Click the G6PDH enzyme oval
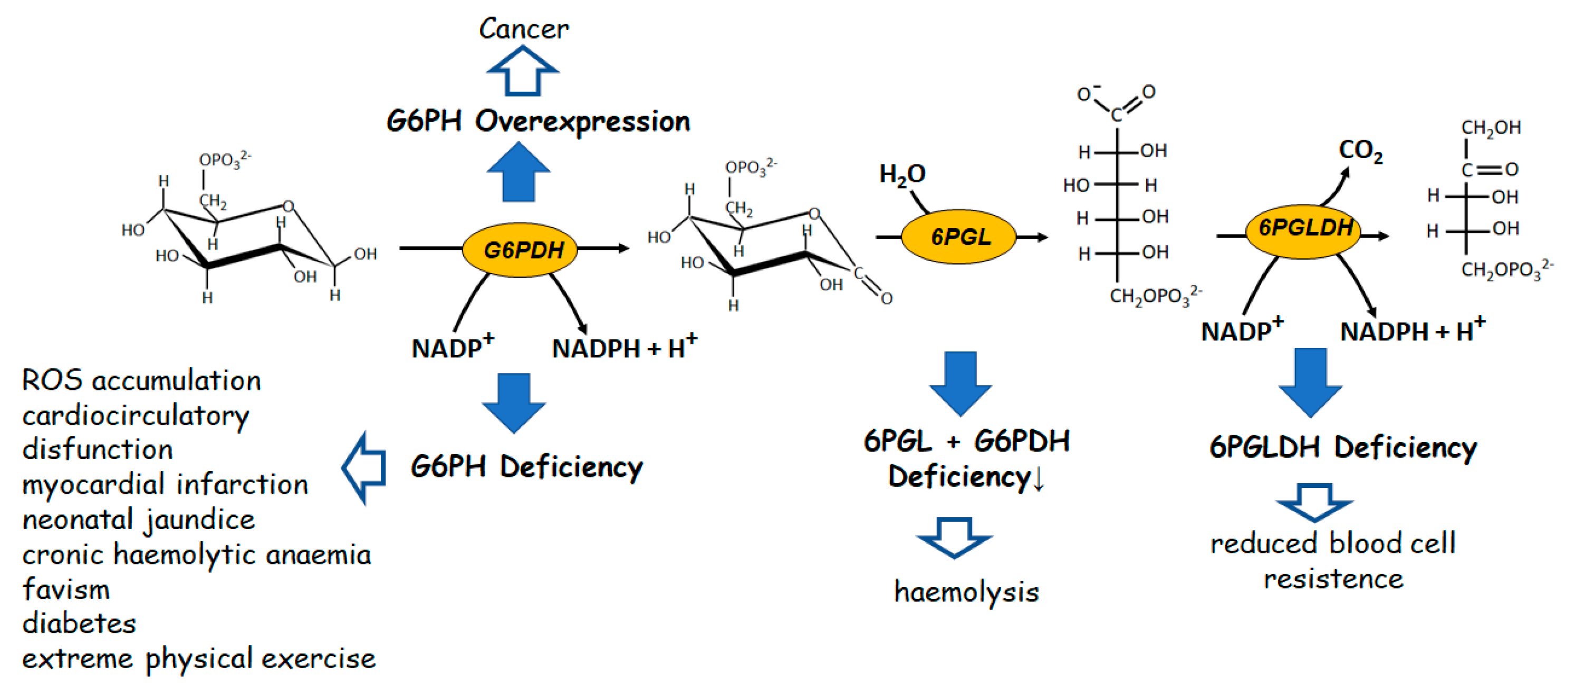coord(520,249)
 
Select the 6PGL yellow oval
coord(959,237)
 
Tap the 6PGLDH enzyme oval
coord(1303,231)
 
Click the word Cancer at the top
coord(523,28)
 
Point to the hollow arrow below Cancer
coord(522,72)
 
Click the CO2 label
coord(1360,150)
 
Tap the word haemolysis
coord(966,591)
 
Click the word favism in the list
coord(66,590)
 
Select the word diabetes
coord(80,624)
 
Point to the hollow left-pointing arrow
coord(364,468)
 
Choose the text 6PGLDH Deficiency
coord(1343,447)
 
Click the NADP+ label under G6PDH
coord(453,347)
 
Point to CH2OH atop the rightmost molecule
coord(1491,127)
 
